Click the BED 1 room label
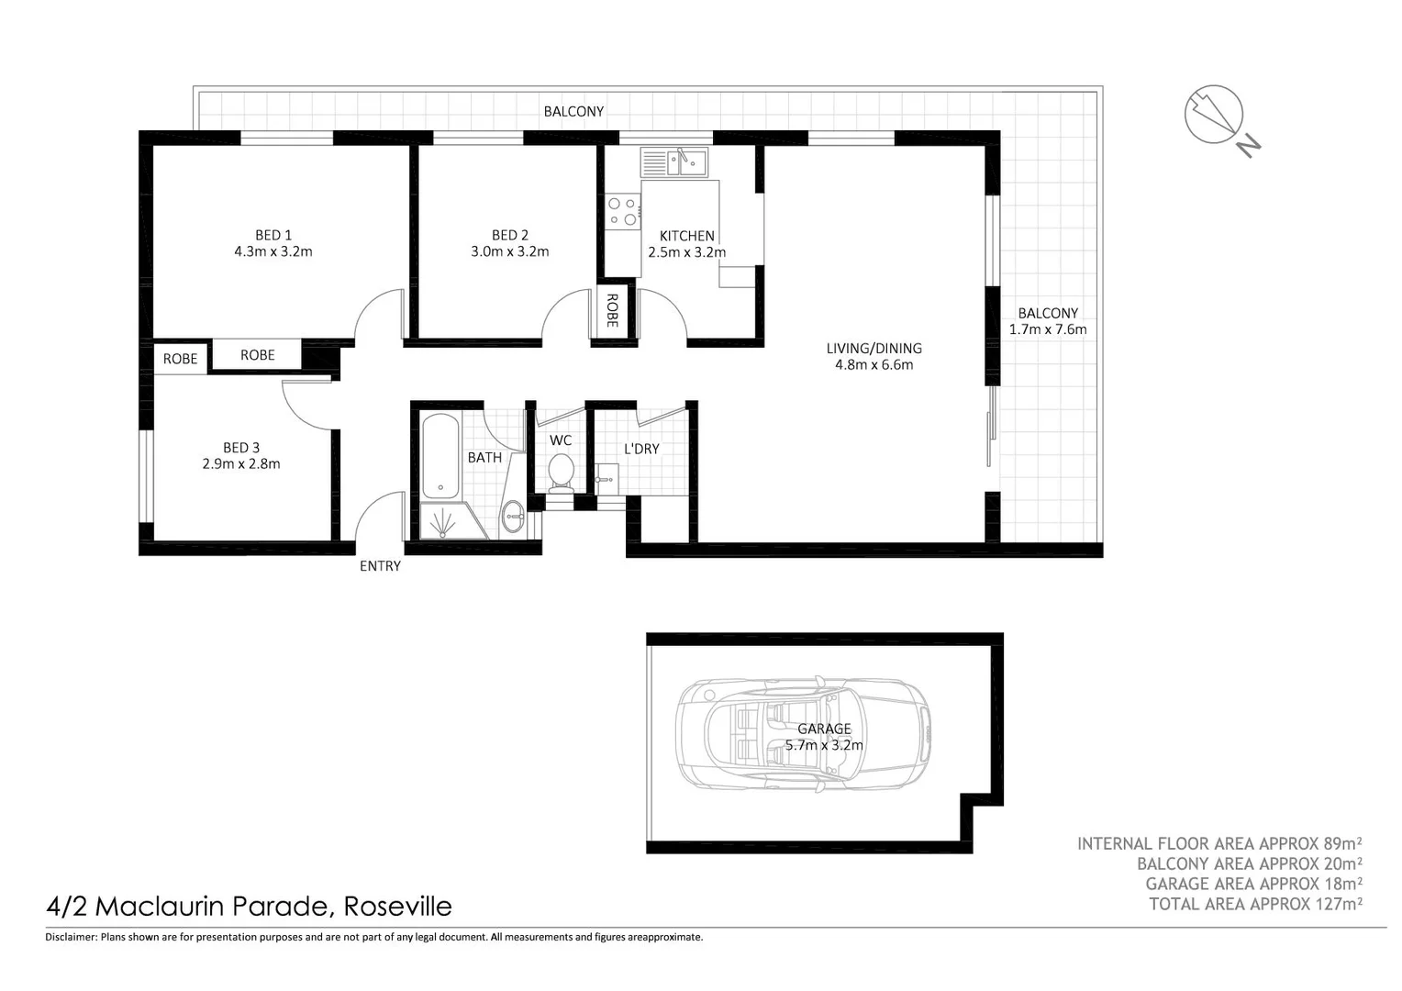coord(273,235)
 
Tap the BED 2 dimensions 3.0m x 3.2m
coord(509,251)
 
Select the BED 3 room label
coord(240,448)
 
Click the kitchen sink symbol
coord(686,163)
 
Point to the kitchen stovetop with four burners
coord(623,210)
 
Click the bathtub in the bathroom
coord(440,456)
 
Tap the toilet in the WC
coord(561,473)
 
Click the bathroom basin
coord(512,518)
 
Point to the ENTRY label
coord(380,566)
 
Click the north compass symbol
coord(1215,116)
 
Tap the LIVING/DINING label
coord(873,349)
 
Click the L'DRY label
coord(641,449)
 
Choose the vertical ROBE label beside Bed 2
coord(612,311)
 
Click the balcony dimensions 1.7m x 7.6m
coord(1048,329)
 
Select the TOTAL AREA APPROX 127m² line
coord(1255,904)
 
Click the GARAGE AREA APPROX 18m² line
coord(1253,884)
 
